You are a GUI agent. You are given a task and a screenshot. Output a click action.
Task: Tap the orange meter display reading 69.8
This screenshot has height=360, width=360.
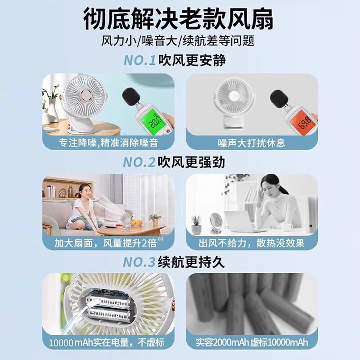[x=305, y=122]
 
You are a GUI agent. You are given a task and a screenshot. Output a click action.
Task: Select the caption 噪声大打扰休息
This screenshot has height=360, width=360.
[x=252, y=143]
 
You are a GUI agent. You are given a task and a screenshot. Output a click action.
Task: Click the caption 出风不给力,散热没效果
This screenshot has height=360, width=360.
[x=252, y=243]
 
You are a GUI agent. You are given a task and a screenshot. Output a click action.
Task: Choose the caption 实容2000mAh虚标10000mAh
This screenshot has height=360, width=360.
[x=252, y=342]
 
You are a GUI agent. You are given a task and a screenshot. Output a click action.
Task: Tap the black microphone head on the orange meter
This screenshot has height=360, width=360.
[x=279, y=99]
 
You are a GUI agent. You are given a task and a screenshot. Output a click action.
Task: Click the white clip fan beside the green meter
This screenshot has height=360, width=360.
[x=83, y=101]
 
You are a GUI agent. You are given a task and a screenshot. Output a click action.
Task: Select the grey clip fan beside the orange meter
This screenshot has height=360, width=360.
[x=234, y=99]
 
